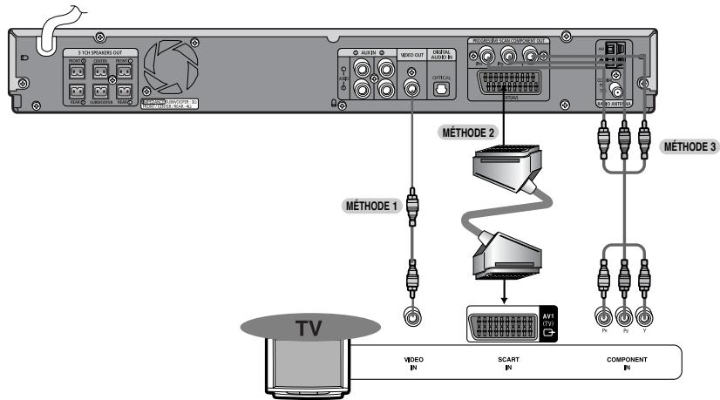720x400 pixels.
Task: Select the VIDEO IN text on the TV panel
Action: click(x=407, y=363)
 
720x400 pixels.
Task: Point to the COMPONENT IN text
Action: click(x=627, y=363)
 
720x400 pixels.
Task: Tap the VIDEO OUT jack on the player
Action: click(x=409, y=87)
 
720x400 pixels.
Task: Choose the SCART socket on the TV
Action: click(x=499, y=324)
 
